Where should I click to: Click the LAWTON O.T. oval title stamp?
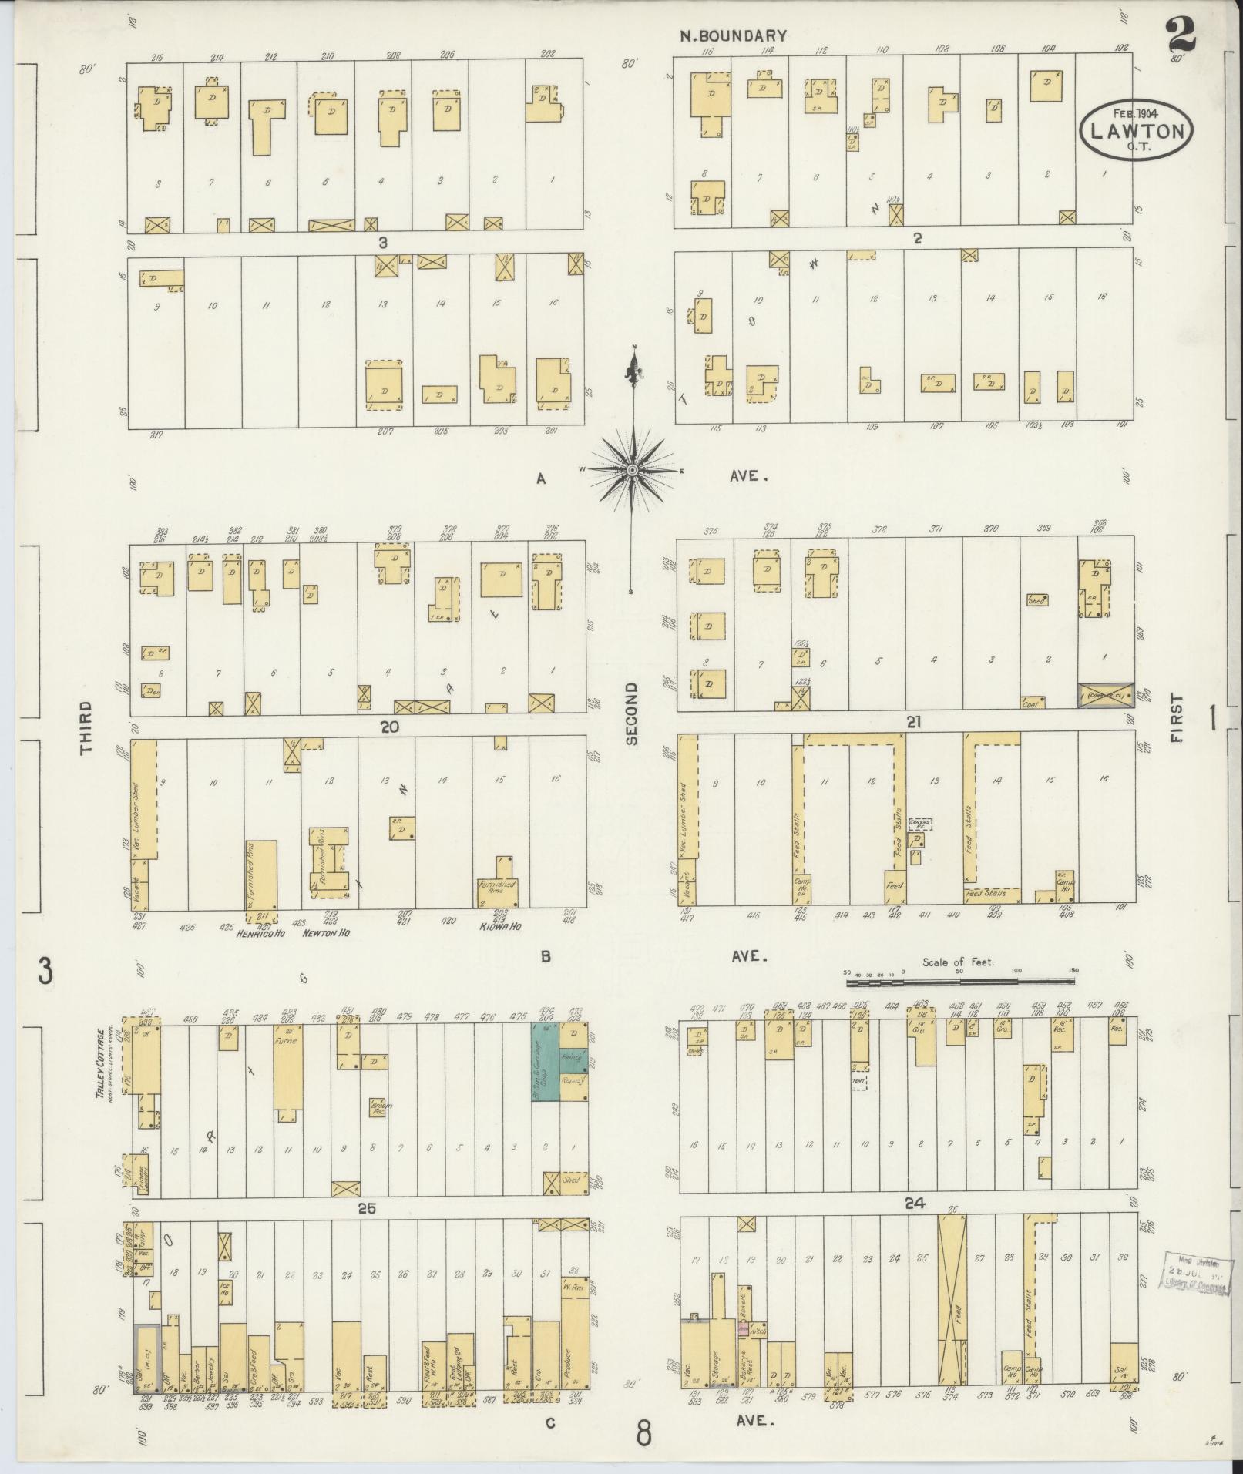1136,132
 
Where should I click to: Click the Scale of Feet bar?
959,982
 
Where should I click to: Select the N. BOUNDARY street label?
733,35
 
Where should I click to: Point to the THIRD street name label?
86,727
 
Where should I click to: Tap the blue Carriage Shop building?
545,1072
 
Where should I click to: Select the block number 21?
915,723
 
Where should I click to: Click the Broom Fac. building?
378,1107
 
